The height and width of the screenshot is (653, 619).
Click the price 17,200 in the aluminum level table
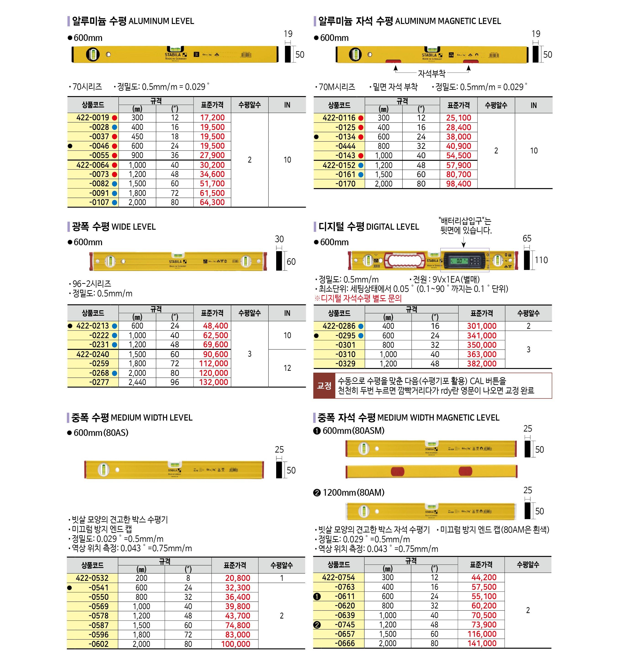212,118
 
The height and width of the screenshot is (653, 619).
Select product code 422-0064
92,165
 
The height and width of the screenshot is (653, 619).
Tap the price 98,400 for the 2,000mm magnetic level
458,184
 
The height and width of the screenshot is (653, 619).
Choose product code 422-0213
92,326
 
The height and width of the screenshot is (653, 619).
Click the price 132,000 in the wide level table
213,382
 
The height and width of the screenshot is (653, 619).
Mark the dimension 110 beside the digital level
541,260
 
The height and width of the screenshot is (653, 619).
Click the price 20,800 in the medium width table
238,578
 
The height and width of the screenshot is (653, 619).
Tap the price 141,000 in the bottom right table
482,643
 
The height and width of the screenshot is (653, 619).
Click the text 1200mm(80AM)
353,492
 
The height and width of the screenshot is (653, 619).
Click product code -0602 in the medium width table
98,644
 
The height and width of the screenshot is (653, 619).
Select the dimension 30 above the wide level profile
279,239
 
